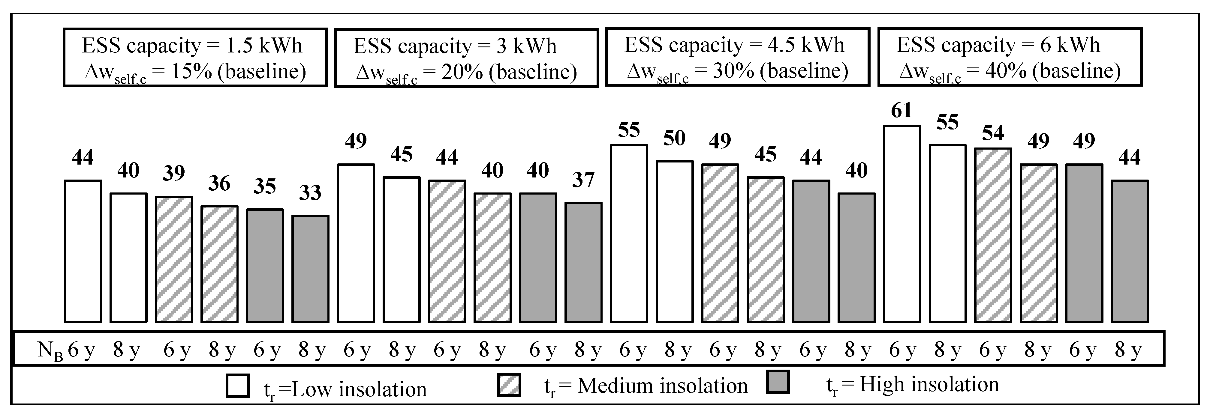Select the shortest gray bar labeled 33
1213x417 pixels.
[310, 269]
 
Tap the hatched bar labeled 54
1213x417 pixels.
[993, 235]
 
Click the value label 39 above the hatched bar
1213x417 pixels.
[174, 173]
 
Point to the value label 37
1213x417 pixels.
[583, 180]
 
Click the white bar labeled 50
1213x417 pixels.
[674, 242]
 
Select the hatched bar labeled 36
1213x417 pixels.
[219, 264]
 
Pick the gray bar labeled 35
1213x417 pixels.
[265, 266]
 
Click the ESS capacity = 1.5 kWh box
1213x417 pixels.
[195, 58]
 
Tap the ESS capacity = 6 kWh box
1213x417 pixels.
[1010, 57]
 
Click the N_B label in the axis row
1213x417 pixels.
[50, 351]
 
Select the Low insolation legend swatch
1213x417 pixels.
[237, 386]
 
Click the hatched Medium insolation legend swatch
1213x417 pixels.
[509, 385]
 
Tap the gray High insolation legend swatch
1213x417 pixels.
[778, 382]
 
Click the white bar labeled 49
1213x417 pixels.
[356, 243]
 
